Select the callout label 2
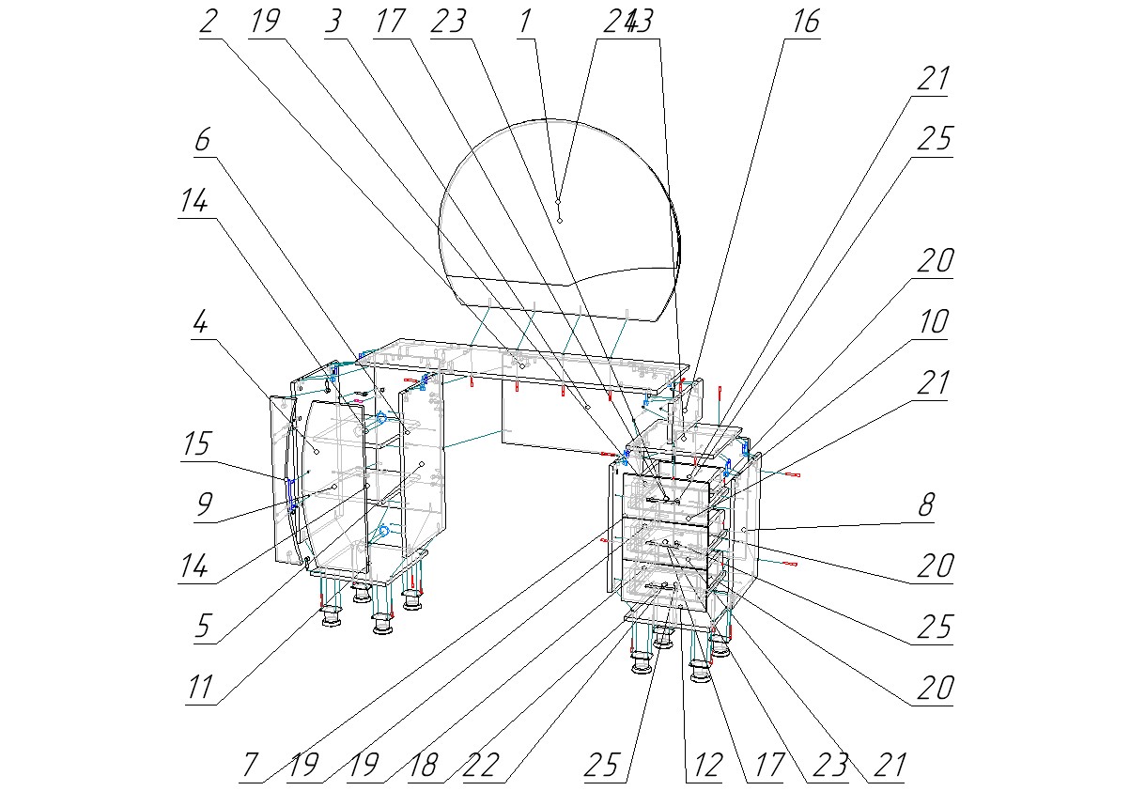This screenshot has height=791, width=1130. pyautogui.click(x=209, y=22)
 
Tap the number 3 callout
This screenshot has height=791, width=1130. pyautogui.click(x=333, y=22)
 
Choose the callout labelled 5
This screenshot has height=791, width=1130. pyautogui.click(x=203, y=627)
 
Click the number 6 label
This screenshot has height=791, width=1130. pyautogui.click(x=202, y=141)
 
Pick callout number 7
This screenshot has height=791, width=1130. pyautogui.click(x=247, y=765)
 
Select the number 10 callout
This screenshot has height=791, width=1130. pyautogui.click(x=933, y=322)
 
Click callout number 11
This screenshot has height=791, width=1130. pyautogui.click(x=200, y=688)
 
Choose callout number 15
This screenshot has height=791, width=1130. pyautogui.click(x=197, y=443)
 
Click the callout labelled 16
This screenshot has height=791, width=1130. pyautogui.click(x=805, y=22)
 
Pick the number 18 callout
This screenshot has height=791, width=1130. pyautogui.click(x=424, y=765)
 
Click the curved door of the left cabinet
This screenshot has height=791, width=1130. pyautogui.click(x=329, y=489)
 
